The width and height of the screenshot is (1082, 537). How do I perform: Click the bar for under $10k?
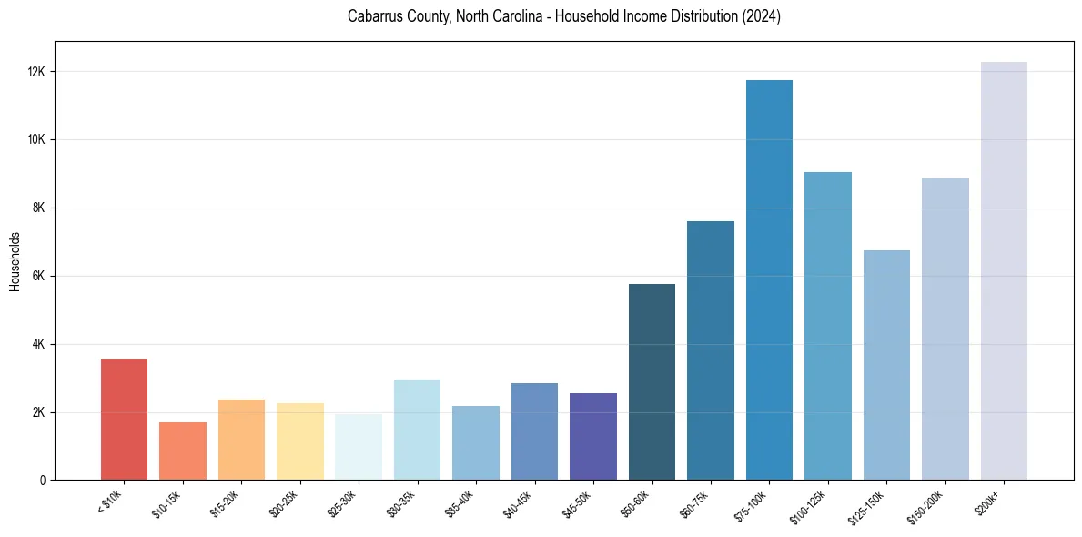[124, 420]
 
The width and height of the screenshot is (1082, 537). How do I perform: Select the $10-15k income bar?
[183, 451]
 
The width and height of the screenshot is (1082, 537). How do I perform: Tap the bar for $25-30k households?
[359, 447]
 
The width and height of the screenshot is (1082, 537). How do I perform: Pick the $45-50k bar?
[593, 437]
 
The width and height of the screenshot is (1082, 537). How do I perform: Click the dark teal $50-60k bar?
[652, 382]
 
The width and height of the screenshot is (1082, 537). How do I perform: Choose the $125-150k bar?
[886, 365]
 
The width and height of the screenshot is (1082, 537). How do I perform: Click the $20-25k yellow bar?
[300, 441]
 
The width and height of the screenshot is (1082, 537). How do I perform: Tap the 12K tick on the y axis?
[36, 72]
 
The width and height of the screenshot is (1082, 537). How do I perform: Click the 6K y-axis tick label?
[39, 276]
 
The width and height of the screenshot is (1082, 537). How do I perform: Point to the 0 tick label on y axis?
[43, 481]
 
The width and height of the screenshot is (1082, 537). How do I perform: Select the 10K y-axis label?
[36, 140]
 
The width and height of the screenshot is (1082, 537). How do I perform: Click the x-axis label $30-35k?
[401, 502]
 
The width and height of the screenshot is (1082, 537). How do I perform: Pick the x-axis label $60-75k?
[694, 502]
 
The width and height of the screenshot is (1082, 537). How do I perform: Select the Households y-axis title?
[15, 261]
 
